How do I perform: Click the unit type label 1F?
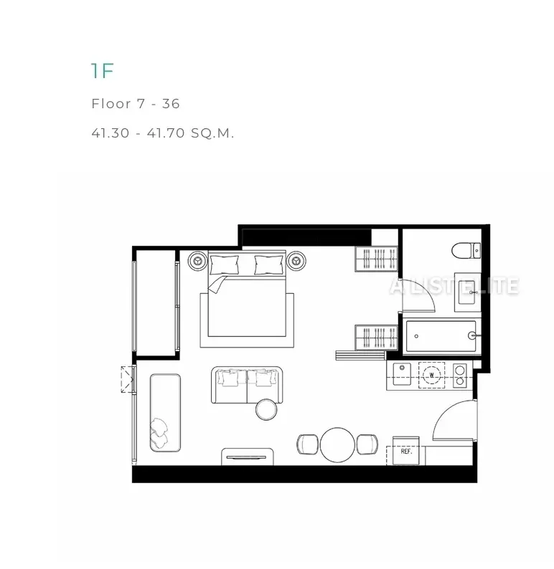coord(103,71)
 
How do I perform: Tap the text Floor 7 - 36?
coord(136,104)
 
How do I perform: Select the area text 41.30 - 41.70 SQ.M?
coord(163,133)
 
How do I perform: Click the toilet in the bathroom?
coord(466,250)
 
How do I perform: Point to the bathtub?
coord(441,336)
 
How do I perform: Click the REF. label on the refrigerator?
coord(406,451)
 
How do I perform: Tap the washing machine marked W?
coord(431,376)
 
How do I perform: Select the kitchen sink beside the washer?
coord(402,374)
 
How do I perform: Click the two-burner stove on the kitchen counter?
coord(460,376)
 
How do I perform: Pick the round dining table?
coord(337,445)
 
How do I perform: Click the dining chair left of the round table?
coord(308,444)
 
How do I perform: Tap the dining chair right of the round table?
coord(367,444)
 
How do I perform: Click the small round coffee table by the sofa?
coord(266,410)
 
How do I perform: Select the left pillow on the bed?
coord(225,265)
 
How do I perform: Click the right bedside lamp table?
coord(296,261)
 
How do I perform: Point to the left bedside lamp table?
coord(197,261)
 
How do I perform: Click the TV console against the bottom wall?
coord(248,456)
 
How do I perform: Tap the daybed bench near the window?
coord(165,413)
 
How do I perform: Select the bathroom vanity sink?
coord(468,292)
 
